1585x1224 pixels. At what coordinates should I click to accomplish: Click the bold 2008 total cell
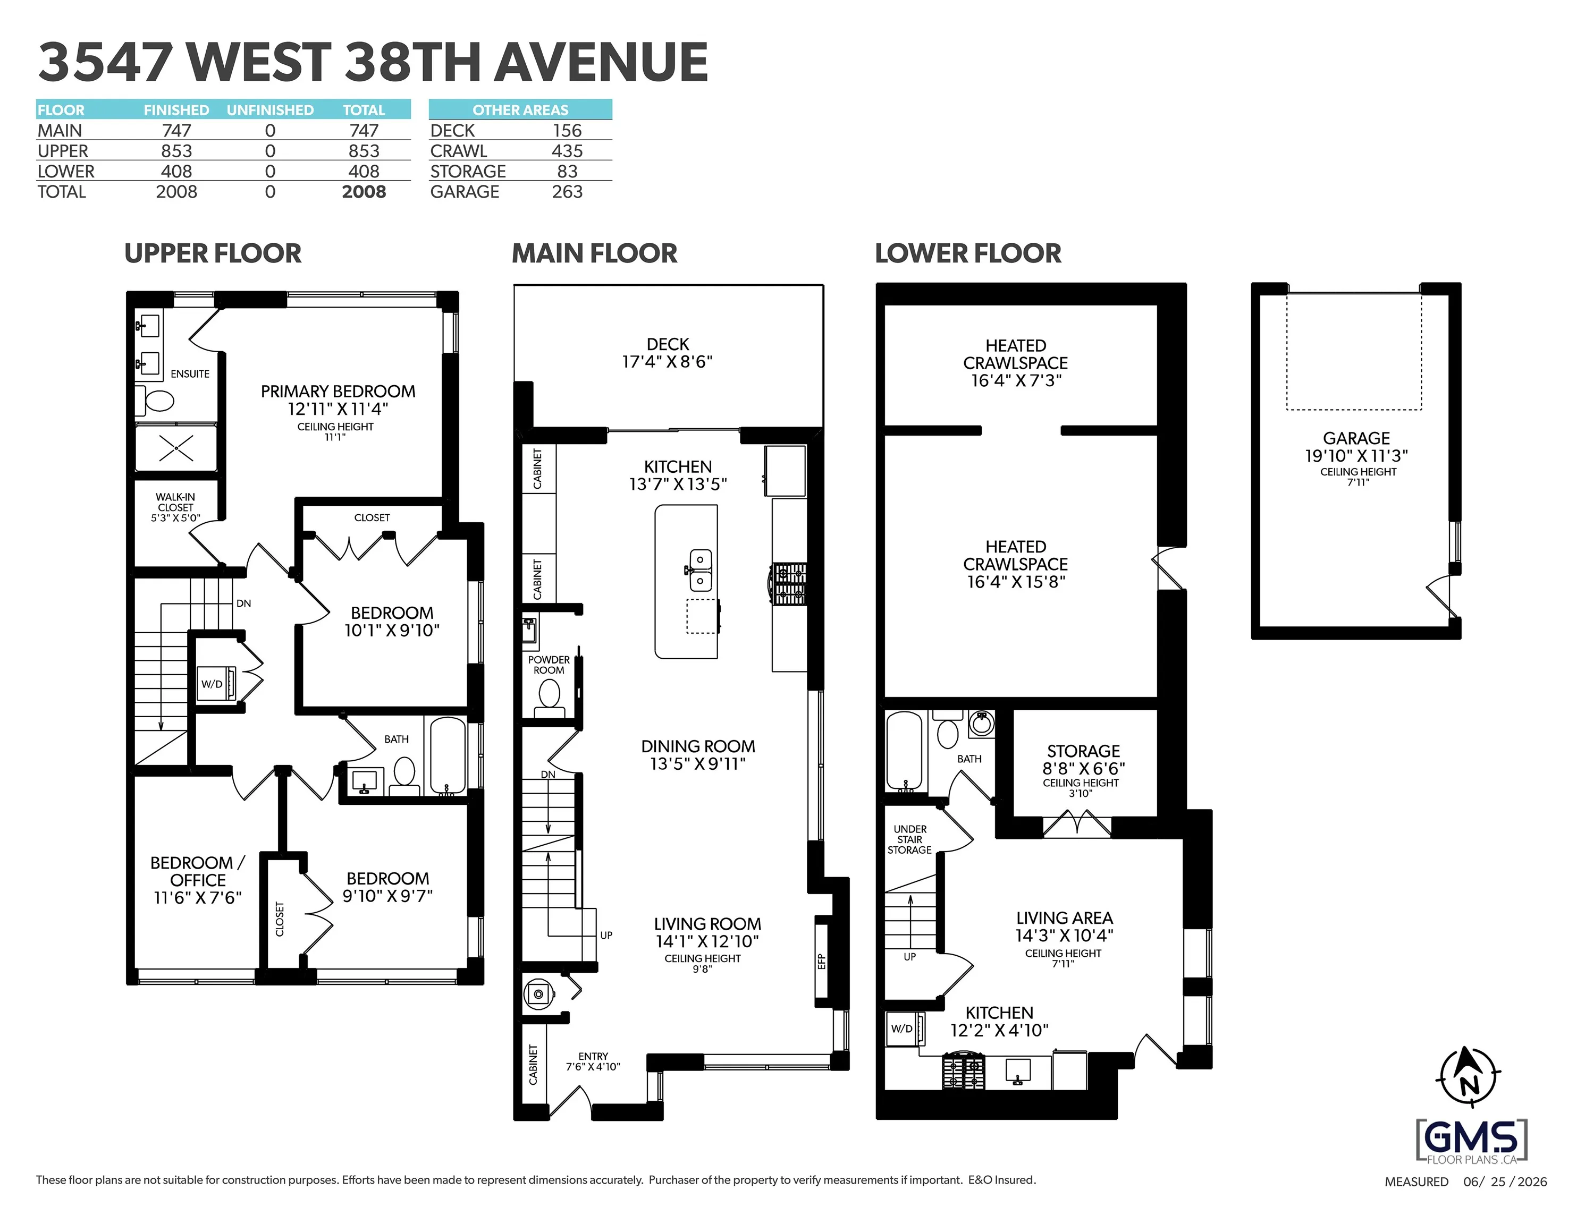[x=364, y=192]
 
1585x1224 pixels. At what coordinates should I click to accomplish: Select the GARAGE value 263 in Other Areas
[x=567, y=192]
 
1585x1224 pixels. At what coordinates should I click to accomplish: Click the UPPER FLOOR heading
[x=213, y=253]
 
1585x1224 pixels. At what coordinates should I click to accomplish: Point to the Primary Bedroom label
[x=338, y=391]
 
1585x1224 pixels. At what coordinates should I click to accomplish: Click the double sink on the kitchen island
[x=699, y=570]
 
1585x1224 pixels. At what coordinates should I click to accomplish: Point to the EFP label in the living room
[x=822, y=962]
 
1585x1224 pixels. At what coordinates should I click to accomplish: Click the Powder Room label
[x=549, y=665]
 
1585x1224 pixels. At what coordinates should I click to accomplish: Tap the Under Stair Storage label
[x=909, y=839]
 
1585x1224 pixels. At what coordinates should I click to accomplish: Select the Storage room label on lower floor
[x=1083, y=751]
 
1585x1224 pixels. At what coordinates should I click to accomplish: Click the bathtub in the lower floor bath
[x=904, y=751]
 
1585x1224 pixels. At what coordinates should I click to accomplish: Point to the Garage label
[x=1356, y=438]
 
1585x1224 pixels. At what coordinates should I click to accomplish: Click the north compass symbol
[x=1468, y=1077]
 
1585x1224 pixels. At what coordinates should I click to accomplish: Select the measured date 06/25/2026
[x=1505, y=1182]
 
